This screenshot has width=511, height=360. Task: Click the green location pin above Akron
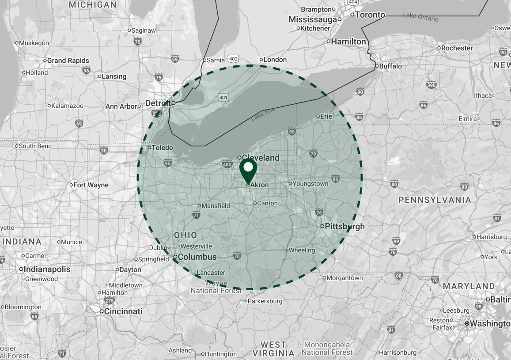(248, 170)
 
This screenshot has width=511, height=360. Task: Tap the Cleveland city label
(261, 158)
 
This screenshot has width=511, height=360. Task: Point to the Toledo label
(162, 148)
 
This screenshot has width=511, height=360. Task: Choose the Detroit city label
(157, 103)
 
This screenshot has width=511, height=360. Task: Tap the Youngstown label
(311, 183)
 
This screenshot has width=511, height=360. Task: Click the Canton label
(267, 203)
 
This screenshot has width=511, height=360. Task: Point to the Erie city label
(326, 116)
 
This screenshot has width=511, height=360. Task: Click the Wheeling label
(302, 250)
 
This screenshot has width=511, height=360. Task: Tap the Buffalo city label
(390, 66)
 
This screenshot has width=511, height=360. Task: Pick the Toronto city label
(370, 15)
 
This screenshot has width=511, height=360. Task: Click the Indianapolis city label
(47, 269)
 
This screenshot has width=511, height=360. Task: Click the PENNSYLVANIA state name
(435, 200)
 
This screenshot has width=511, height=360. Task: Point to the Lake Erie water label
(263, 114)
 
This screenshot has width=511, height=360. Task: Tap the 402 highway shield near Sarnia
(234, 59)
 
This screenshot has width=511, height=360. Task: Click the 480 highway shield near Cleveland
(227, 165)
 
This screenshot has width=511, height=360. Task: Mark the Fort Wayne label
(91, 185)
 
